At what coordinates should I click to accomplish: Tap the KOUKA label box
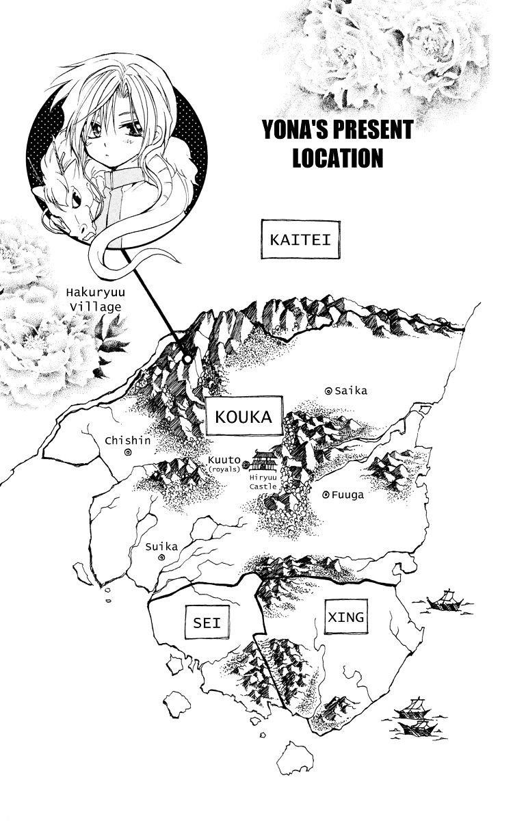pyautogui.click(x=244, y=415)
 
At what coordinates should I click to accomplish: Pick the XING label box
pyautogui.click(x=346, y=616)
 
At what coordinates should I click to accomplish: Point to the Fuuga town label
pyautogui.click(x=348, y=494)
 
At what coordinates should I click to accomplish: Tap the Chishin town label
pyautogui.click(x=127, y=440)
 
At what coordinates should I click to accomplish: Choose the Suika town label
pyautogui.click(x=161, y=546)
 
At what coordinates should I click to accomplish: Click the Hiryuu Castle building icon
pyautogui.click(x=265, y=459)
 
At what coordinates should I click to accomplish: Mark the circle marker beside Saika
pyautogui.click(x=328, y=391)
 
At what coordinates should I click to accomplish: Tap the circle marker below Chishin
pyautogui.click(x=128, y=452)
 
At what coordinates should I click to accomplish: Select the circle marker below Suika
pyautogui.click(x=161, y=558)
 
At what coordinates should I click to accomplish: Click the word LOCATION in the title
pyautogui.click(x=337, y=158)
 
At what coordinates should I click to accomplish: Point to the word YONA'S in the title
pyautogui.click(x=295, y=129)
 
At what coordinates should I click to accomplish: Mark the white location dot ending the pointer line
pyautogui.click(x=187, y=357)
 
